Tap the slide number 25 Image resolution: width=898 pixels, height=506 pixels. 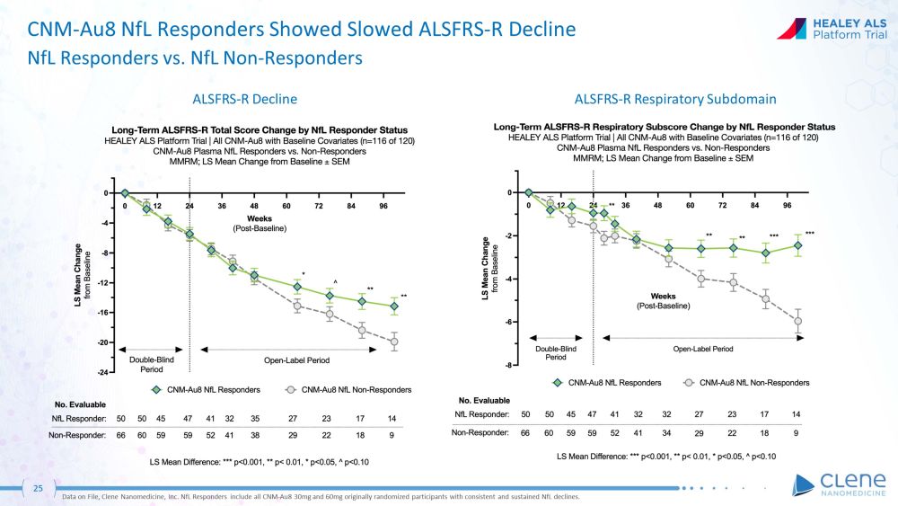click(38, 488)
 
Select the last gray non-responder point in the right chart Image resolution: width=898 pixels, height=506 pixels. click(797, 321)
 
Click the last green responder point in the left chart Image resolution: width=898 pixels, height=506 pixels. click(393, 306)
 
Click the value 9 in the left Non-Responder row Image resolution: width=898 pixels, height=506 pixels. click(392, 434)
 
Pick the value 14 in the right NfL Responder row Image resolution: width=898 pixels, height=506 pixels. click(797, 414)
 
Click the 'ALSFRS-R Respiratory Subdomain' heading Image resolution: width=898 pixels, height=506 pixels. click(675, 98)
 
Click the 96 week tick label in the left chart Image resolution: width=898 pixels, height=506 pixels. click(383, 204)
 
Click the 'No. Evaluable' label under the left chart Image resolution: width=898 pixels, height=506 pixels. click(81, 404)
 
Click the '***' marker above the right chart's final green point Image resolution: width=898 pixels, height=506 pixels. click(809, 233)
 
